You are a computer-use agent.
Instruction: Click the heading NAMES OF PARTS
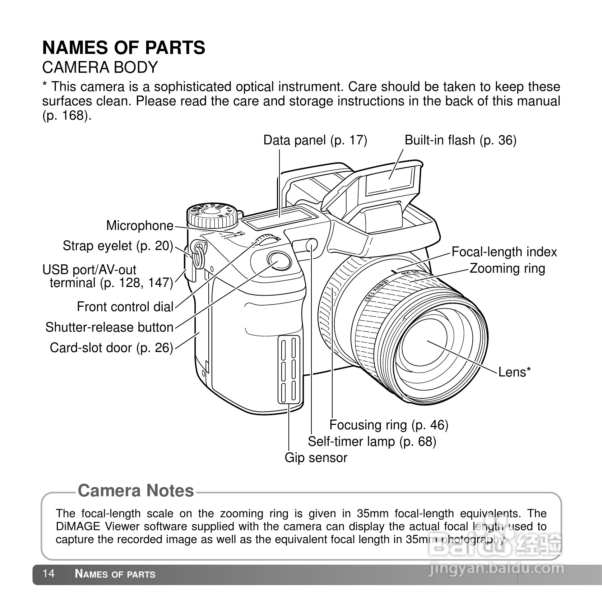coord(124,48)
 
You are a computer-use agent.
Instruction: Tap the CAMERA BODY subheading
coord(100,67)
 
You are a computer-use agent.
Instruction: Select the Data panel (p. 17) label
coord(315,140)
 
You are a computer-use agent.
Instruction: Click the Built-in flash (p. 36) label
coord(460,140)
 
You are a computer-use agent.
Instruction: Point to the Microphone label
coord(140,226)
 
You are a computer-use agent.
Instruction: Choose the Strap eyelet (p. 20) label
coord(118,246)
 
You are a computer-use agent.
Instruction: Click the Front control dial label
coord(125,307)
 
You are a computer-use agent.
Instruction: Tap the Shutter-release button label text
coord(109,327)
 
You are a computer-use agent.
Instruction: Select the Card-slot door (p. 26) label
coord(111,347)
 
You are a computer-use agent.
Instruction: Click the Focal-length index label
coord(504,252)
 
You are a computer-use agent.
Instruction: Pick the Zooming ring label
coord(507,268)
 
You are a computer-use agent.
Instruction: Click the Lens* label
coord(514,372)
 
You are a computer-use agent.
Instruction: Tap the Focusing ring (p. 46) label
coord(389,425)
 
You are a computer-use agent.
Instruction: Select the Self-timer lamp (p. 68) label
coord(372,441)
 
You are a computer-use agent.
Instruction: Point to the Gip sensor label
coord(316,458)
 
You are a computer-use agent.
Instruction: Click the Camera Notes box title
coord(136,491)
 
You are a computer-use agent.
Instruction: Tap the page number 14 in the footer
coord(48,574)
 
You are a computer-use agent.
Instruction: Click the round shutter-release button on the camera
coord(279,260)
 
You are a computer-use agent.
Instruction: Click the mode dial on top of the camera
coord(212,215)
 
